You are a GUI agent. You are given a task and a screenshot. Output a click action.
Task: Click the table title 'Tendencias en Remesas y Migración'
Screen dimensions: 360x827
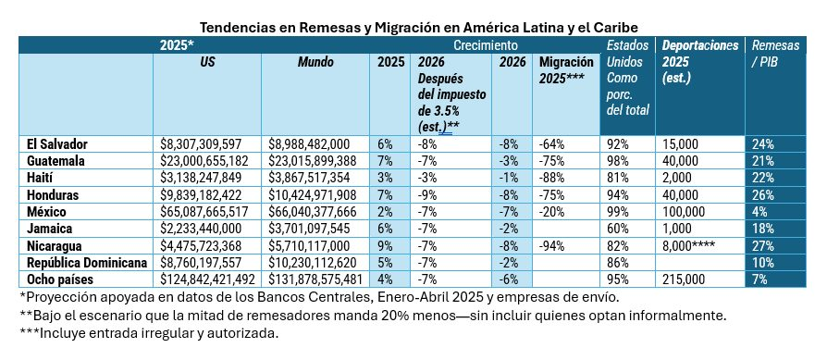click(x=413, y=27)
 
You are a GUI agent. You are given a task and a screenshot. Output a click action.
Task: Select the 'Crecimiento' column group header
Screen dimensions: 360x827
click(x=485, y=44)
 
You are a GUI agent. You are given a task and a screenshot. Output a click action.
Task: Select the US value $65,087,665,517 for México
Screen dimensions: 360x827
click(x=206, y=211)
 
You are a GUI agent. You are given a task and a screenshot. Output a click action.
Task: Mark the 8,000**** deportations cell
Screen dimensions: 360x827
click(x=694, y=245)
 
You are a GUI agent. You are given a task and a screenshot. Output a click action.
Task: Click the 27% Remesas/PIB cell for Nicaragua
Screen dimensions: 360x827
click(x=763, y=245)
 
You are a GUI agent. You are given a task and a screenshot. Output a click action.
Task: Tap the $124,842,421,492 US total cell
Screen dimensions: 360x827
click(x=207, y=279)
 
